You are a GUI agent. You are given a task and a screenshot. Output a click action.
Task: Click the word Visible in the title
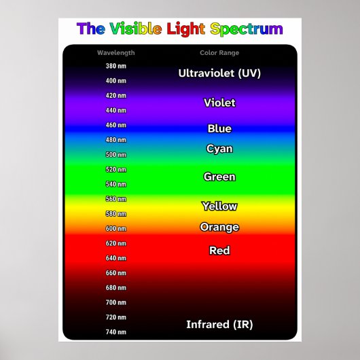[136, 29]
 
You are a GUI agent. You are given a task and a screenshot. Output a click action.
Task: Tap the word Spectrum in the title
[247, 30]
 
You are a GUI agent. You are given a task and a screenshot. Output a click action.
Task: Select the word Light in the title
[185, 29]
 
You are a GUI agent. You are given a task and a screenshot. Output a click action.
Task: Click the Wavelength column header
[116, 53]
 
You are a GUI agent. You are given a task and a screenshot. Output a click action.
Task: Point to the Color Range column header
[219, 53]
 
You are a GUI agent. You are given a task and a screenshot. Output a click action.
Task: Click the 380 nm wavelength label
[116, 66]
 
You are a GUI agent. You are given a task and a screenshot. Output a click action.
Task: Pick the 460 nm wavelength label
[116, 125]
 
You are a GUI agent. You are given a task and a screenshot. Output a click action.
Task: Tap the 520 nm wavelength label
[116, 169]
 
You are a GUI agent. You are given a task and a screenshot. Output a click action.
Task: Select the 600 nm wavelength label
[116, 228]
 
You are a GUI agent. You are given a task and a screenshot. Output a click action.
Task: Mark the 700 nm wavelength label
[116, 302]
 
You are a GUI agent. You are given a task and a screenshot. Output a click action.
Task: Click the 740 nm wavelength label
[116, 331]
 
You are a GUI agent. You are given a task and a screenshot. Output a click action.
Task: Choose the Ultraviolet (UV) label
[219, 73]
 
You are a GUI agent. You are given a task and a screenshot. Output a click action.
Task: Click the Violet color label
[219, 103]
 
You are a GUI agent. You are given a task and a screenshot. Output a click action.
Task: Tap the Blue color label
[219, 128]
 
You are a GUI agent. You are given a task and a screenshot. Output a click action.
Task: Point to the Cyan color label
[219, 149]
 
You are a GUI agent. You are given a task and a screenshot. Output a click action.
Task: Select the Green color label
[219, 177]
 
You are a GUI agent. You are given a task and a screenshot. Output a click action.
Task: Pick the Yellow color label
[219, 206]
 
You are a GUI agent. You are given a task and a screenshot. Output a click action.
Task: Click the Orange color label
[219, 228]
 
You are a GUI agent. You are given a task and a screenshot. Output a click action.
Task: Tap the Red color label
[219, 250]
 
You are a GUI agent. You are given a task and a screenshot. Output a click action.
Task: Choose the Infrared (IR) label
[219, 325]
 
